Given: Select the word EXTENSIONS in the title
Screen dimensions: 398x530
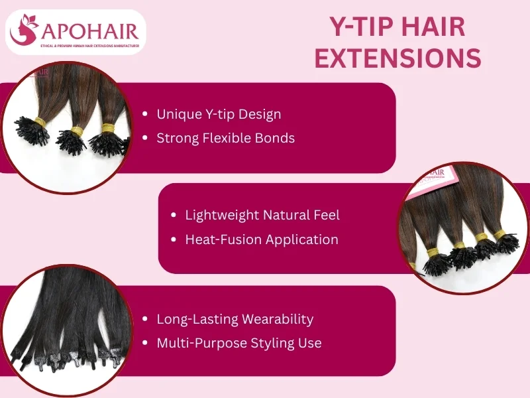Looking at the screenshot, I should point(397,58).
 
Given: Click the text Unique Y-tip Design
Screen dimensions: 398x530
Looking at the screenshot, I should point(219,114).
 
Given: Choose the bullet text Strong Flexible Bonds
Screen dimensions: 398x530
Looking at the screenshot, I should point(225,138).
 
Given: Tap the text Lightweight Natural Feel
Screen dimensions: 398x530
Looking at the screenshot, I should point(262,215).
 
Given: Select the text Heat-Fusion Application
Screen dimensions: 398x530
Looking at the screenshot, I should point(262,239).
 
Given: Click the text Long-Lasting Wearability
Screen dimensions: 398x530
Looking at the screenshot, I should point(235,319).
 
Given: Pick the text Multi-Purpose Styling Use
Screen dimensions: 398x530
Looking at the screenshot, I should point(238,343).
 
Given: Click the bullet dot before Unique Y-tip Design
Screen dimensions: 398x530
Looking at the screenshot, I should point(145,115).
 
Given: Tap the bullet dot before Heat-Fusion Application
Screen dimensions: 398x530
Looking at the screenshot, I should point(174,239).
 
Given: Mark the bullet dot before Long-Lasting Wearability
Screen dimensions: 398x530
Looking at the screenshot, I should point(145,319).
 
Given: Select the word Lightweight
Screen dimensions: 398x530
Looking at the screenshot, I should point(221,215).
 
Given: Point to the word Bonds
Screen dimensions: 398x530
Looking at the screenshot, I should point(274,138).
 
